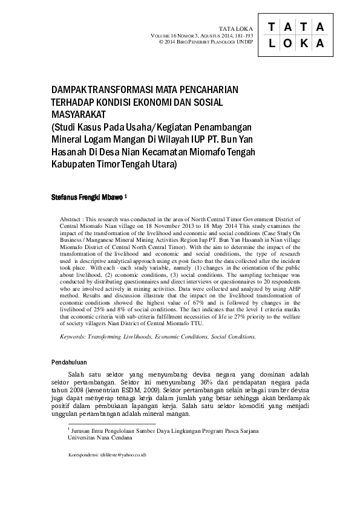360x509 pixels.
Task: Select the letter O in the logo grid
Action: (x=287, y=44)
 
